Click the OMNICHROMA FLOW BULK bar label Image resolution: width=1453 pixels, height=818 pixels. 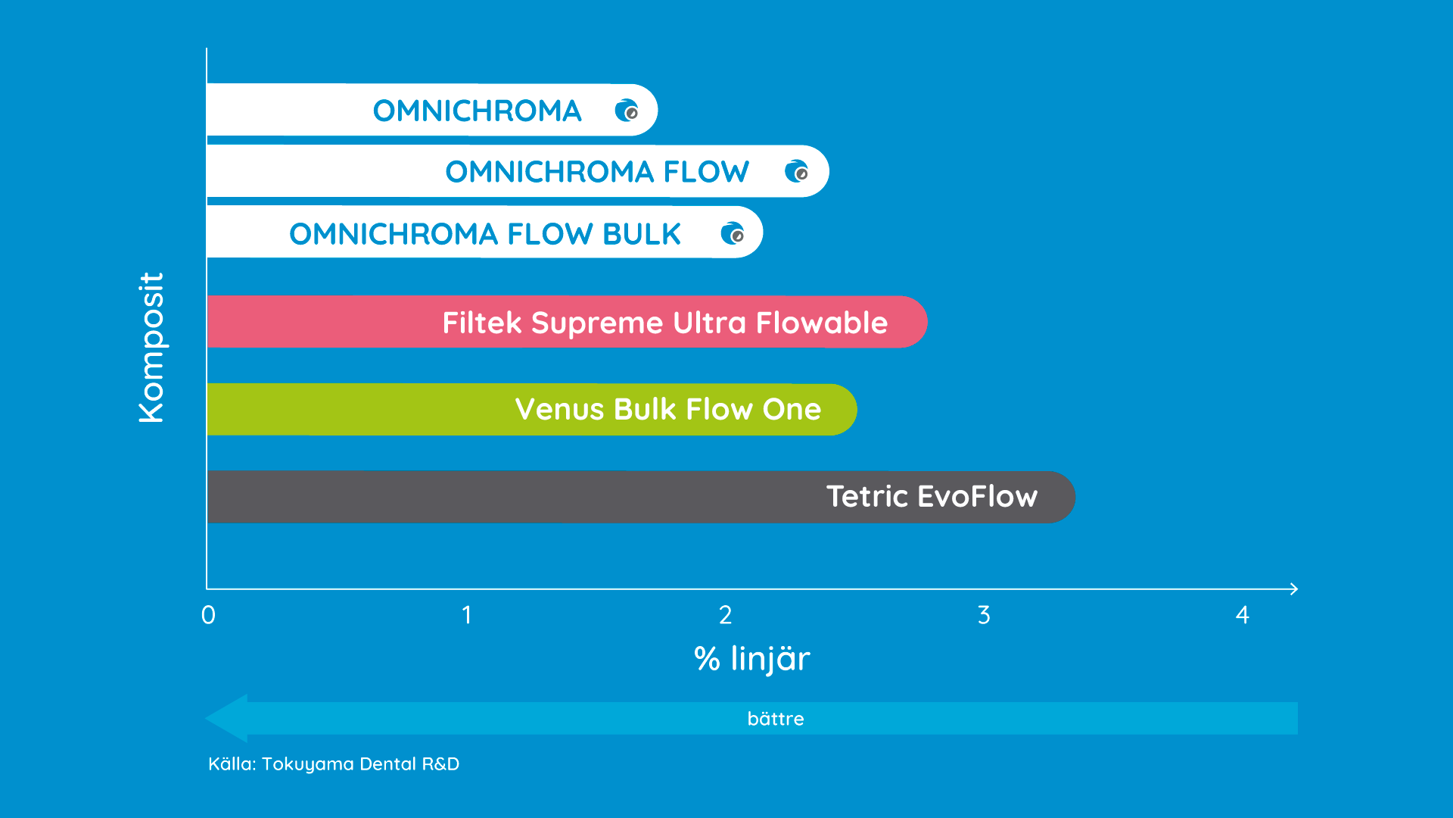point(485,234)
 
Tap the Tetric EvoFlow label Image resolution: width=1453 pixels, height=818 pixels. point(932,497)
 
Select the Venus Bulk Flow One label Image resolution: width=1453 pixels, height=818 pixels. point(668,410)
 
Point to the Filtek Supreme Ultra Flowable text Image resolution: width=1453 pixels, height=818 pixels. point(665,323)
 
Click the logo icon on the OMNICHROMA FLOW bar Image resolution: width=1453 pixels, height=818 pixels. point(796,171)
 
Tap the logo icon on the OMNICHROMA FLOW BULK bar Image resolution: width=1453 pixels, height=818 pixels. point(733,233)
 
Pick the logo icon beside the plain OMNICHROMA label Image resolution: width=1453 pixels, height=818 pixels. point(627,111)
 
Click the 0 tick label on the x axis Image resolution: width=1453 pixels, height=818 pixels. point(208,615)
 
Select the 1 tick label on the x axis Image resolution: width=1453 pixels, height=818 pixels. point(467,615)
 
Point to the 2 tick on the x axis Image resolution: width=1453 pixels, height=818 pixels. point(725,615)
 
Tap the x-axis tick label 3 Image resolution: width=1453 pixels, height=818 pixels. point(984,615)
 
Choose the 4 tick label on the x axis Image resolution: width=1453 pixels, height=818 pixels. point(1242,615)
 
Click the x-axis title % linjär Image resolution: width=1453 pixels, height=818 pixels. point(752,659)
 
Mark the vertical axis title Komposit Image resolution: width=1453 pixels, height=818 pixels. point(151,348)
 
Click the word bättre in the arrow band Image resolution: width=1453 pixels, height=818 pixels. point(776,719)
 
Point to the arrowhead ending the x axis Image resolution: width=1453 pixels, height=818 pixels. point(1297,589)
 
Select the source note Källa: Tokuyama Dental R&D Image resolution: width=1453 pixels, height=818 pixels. point(334,764)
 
